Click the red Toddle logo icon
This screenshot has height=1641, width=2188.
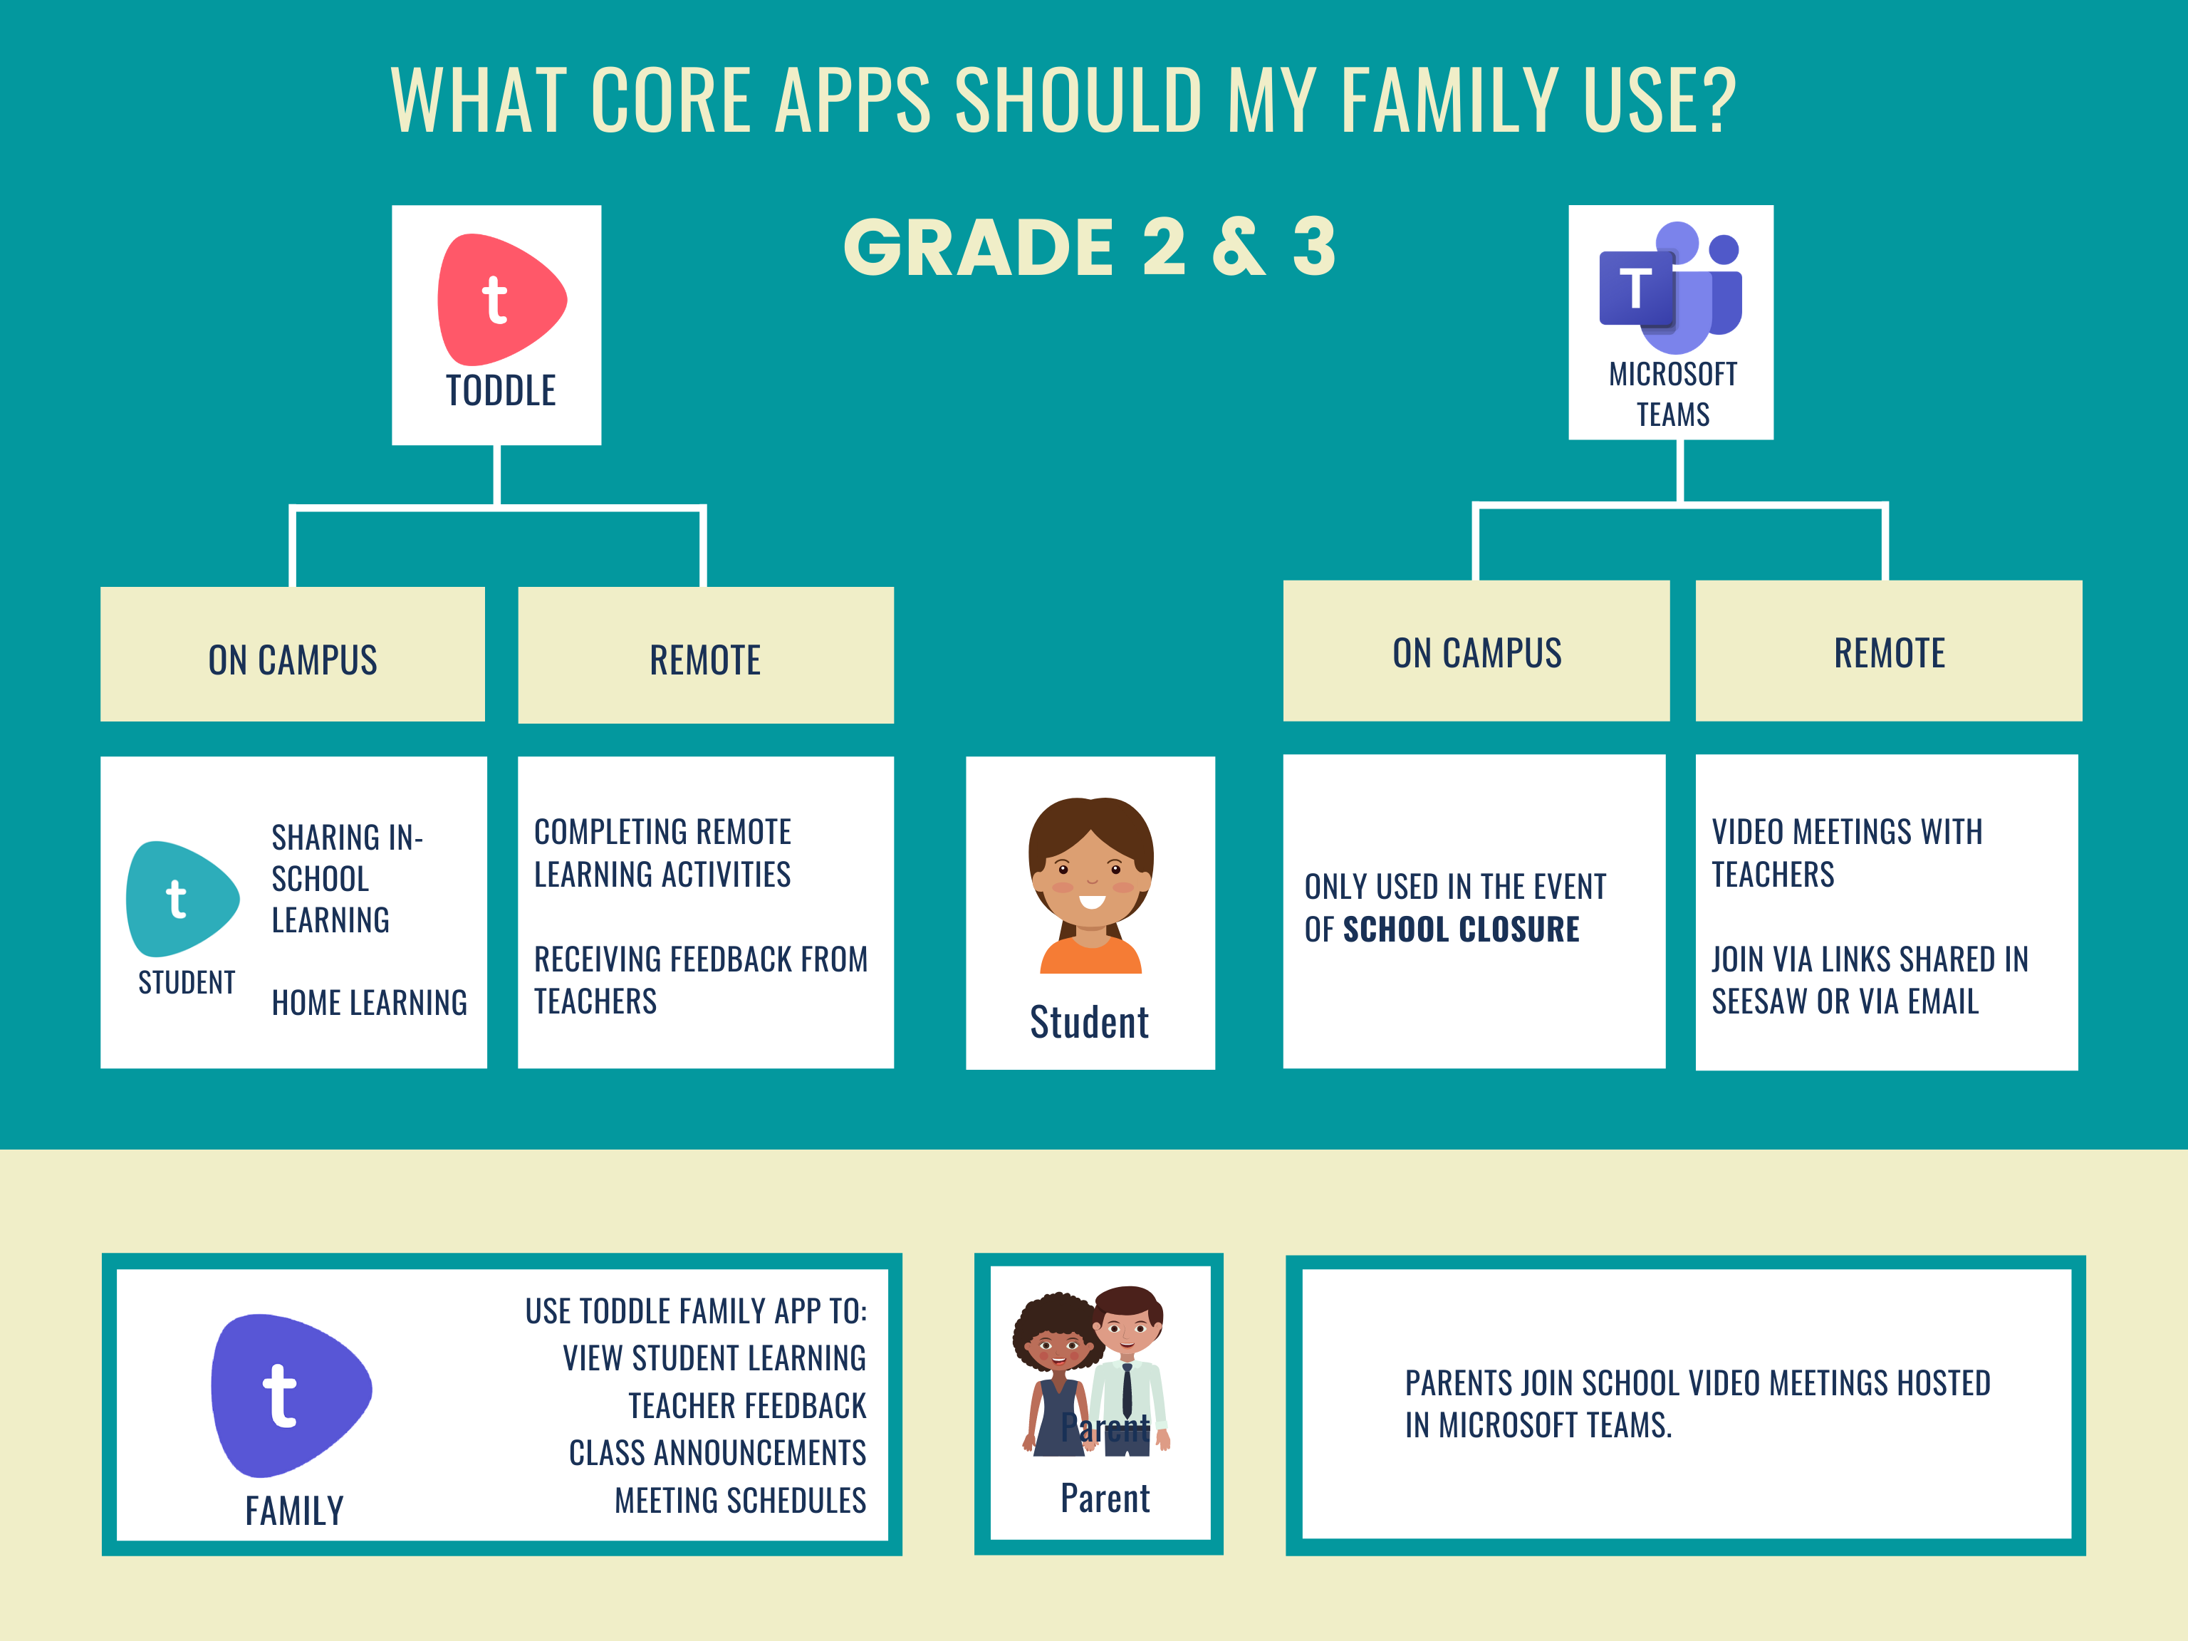(x=501, y=298)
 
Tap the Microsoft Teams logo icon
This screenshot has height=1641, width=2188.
(x=1671, y=287)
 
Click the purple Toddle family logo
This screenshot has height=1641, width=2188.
(x=291, y=1395)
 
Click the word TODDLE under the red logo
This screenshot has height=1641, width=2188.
(x=501, y=392)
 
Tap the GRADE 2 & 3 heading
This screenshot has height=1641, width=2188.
(x=1089, y=247)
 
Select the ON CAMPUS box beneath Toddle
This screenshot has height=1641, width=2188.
(x=293, y=654)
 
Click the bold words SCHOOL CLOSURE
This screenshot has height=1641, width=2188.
(x=1461, y=929)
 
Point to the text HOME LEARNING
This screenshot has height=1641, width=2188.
(x=370, y=1003)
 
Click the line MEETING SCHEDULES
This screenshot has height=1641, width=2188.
(x=740, y=1501)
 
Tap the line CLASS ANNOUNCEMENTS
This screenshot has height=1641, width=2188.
(x=717, y=1453)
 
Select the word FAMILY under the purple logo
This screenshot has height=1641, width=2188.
(x=295, y=1511)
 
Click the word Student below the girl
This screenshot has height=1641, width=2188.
(x=1089, y=1023)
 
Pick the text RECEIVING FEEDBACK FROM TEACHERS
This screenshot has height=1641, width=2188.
(x=700, y=980)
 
